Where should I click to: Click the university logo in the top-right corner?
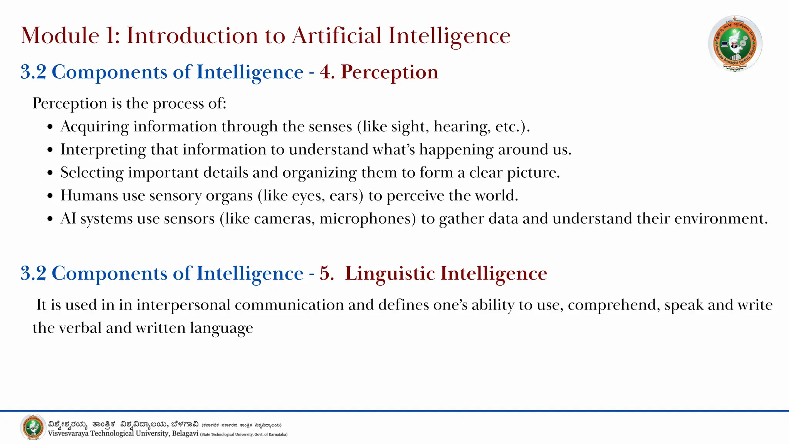[735, 44]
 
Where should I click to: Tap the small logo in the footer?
[33, 427]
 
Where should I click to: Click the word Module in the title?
[60, 35]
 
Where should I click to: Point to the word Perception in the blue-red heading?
[389, 72]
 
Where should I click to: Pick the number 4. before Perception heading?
[327, 72]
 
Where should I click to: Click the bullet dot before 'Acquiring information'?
[50, 127]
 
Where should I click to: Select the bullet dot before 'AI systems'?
[50, 219]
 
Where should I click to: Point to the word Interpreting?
[103, 150]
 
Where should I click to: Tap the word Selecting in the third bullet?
[92, 173]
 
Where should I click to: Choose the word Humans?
[89, 195]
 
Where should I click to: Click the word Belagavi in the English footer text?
[185, 434]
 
